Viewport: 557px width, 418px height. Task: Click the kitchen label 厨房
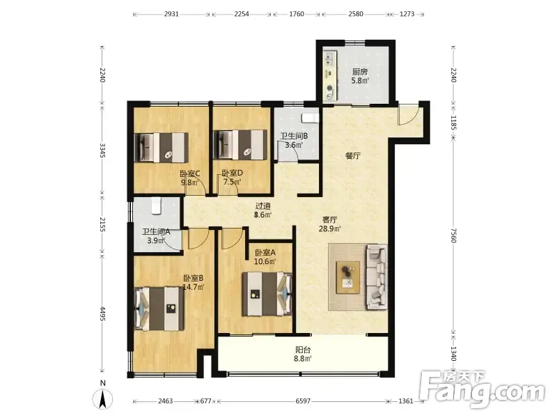click(360, 72)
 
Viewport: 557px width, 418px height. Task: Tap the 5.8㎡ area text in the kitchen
click(360, 81)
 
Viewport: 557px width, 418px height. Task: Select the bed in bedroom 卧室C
click(162, 148)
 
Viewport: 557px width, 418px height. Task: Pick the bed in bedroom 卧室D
click(240, 145)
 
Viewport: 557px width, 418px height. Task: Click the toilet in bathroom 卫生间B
click(310, 118)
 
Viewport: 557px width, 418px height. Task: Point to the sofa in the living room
click(377, 277)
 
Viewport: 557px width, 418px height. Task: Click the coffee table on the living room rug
click(348, 277)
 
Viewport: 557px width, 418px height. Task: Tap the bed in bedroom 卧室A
click(267, 294)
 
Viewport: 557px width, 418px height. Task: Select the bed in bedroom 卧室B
click(159, 309)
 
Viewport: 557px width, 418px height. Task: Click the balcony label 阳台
click(303, 350)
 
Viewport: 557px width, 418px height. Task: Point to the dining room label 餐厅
click(353, 155)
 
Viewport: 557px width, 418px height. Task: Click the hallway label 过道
click(263, 206)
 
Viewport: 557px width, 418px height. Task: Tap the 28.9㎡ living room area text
click(329, 229)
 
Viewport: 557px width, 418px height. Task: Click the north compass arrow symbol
click(102, 399)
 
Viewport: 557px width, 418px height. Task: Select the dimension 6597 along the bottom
click(303, 401)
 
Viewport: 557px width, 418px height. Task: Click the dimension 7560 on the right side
click(453, 235)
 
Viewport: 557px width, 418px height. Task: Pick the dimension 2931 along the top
click(171, 14)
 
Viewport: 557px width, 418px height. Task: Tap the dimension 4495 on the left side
click(102, 313)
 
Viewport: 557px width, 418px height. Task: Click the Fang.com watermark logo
click(482, 390)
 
